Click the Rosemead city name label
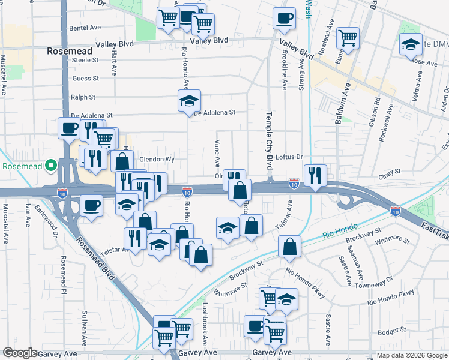70,52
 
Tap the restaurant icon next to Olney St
315,175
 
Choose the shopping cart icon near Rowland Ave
348,37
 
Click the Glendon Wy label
157,160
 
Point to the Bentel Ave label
85,28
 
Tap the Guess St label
85,79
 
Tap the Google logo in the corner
20,353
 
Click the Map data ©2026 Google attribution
412,355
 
